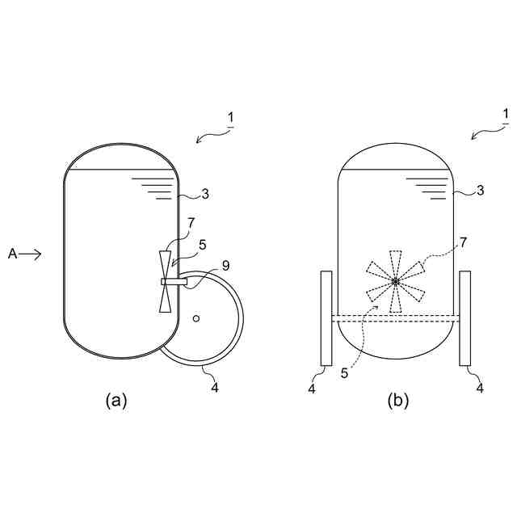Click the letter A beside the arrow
click(x=13, y=254)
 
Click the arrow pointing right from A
click(x=32, y=254)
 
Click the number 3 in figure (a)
click(x=206, y=194)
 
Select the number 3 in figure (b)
click(x=481, y=191)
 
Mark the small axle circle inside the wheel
click(x=196, y=318)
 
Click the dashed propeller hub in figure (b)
click(x=395, y=281)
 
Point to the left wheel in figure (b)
click(x=326, y=317)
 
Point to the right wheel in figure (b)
click(x=465, y=317)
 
